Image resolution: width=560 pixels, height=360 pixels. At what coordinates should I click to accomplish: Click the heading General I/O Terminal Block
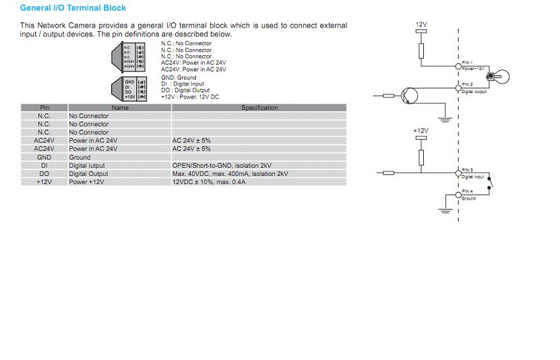(x=73, y=9)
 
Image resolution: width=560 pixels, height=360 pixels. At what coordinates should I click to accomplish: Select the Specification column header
(x=259, y=108)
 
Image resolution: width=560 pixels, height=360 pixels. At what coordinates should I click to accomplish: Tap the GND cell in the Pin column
(x=44, y=157)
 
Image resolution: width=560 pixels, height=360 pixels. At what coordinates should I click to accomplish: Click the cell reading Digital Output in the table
(x=88, y=174)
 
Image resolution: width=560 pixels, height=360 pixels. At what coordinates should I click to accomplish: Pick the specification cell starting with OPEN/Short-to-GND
(x=222, y=165)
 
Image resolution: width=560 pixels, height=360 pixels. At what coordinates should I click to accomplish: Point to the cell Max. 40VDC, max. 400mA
(x=230, y=174)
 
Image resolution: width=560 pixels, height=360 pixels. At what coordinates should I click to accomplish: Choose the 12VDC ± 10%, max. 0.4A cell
(x=209, y=182)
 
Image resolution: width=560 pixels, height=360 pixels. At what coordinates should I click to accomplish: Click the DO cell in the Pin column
(x=44, y=174)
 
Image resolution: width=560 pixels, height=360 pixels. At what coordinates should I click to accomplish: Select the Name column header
(x=120, y=108)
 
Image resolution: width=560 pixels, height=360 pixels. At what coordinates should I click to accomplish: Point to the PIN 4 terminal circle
(x=459, y=196)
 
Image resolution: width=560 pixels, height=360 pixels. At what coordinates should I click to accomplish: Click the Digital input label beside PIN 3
(x=473, y=177)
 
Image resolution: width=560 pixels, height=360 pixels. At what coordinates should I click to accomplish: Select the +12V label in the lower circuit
(x=421, y=130)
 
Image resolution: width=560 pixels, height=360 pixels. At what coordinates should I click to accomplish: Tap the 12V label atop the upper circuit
(x=421, y=25)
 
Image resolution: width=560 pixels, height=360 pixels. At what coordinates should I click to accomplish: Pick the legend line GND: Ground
(x=179, y=78)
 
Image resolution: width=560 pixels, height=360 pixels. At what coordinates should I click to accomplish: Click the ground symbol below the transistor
(x=443, y=120)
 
